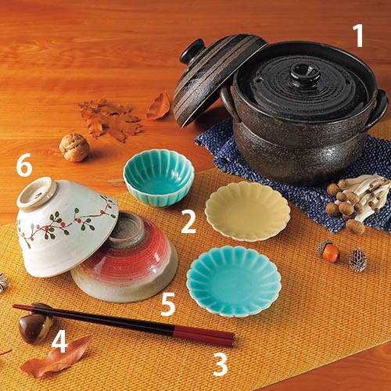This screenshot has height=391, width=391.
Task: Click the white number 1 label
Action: [359, 36]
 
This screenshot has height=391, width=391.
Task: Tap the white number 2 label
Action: [188, 221]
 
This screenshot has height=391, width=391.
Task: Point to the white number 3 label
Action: [221, 364]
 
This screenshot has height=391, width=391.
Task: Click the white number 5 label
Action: [168, 304]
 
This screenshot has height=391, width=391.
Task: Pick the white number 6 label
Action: [24, 165]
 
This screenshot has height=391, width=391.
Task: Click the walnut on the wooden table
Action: [74, 147]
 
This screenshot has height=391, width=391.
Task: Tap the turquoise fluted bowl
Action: [159, 178]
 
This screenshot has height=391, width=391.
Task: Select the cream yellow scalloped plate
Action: [248, 211]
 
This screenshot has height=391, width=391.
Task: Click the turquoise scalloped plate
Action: [234, 281]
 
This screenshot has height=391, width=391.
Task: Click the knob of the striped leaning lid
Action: [192, 51]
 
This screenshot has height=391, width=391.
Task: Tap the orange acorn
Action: [329, 251]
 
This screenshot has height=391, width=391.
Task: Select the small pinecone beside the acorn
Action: [358, 260]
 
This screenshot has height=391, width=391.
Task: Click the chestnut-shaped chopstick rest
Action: [35, 323]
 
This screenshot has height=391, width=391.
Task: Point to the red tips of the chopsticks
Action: [204, 335]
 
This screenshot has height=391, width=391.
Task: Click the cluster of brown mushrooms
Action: [358, 202]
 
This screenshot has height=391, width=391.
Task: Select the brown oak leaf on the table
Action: [110, 119]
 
